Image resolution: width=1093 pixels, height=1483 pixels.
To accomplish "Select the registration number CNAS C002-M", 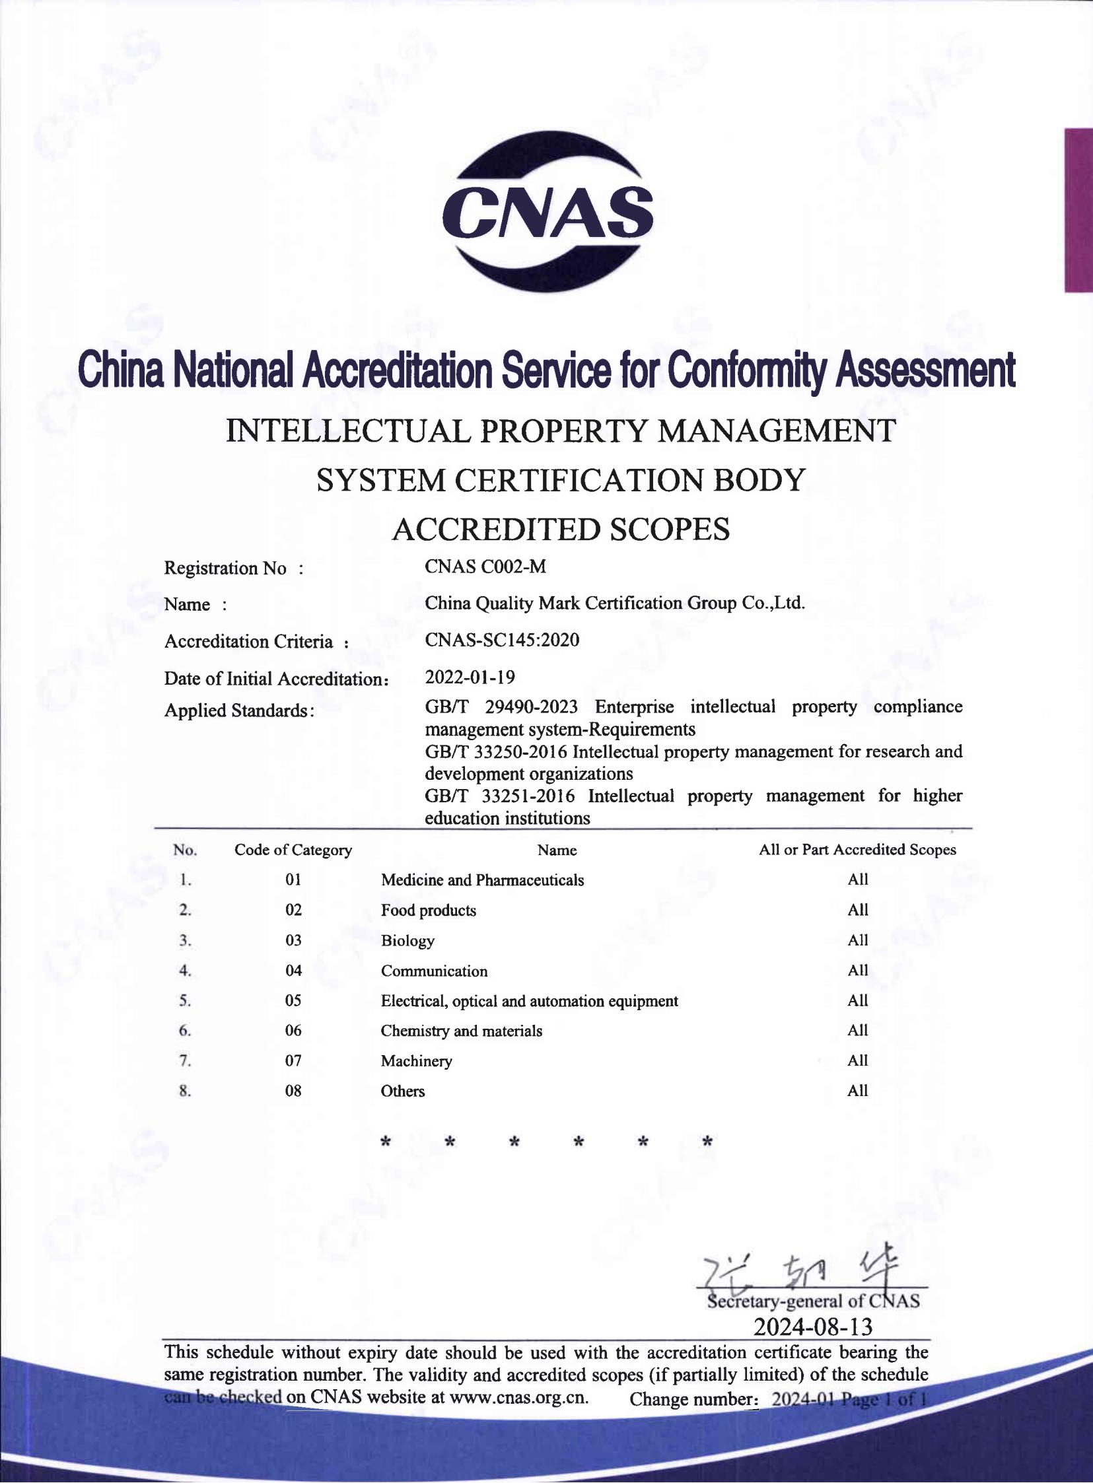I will pyautogui.click(x=485, y=567).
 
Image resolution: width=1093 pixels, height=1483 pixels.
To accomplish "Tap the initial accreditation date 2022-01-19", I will pyautogui.click(x=469, y=677).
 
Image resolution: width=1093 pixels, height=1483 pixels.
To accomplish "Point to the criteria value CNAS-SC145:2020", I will pyautogui.click(x=501, y=640).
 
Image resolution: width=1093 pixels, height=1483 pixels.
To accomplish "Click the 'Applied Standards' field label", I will pyautogui.click(x=238, y=710).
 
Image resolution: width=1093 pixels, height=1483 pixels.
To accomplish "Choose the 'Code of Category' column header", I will pyautogui.click(x=293, y=850).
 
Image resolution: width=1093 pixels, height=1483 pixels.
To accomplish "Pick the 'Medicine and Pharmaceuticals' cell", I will pyautogui.click(x=481, y=879).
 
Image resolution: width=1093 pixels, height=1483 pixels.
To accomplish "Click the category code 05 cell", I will pyautogui.click(x=293, y=1000).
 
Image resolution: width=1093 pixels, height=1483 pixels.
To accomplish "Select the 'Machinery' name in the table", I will pyautogui.click(x=416, y=1061).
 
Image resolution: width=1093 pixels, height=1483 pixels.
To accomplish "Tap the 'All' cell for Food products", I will pyautogui.click(x=857, y=910).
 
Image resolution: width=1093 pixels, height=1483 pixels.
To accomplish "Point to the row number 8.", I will pyautogui.click(x=185, y=1091).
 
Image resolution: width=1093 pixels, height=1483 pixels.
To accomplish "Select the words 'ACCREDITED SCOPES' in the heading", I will pyautogui.click(x=561, y=529).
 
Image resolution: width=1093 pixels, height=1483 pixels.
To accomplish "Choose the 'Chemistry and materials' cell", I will pyautogui.click(x=461, y=1031).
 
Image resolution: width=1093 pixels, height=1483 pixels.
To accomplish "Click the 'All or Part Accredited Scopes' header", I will pyautogui.click(x=857, y=850).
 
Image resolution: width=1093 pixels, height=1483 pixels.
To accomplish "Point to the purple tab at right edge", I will pyautogui.click(x=1078, y=210).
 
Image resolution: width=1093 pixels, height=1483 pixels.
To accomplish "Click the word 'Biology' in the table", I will pyautogui.click(x=407, y=941).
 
